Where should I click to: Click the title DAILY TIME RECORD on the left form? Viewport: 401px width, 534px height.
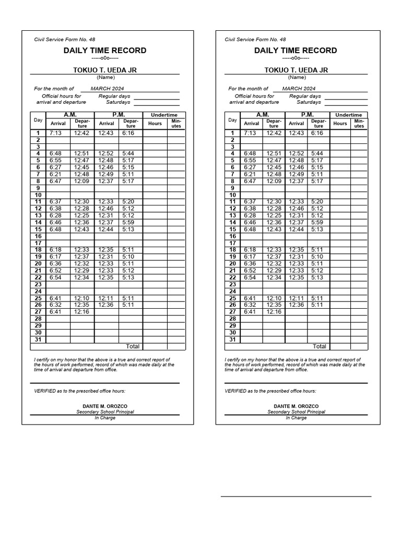105,51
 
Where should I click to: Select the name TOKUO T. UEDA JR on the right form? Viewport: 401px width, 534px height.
296,70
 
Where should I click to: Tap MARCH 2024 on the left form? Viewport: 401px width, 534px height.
108,89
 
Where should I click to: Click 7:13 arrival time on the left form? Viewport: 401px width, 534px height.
55,133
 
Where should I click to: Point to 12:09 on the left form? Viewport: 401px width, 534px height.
81,181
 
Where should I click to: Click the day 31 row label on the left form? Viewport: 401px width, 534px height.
38,339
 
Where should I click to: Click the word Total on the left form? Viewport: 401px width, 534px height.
133,346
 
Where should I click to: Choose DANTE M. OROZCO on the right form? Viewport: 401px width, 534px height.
296,406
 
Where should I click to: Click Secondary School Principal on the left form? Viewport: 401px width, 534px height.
105,412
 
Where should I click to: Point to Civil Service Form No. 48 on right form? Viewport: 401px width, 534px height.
255,39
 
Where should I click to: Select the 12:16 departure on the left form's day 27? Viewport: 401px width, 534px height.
81,311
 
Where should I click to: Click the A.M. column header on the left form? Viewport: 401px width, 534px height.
70,115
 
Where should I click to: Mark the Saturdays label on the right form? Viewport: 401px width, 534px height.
309,102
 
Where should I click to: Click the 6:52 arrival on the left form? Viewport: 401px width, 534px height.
55,270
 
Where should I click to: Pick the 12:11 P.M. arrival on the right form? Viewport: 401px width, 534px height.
296,298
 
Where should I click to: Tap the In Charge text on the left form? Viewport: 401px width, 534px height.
105,418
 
